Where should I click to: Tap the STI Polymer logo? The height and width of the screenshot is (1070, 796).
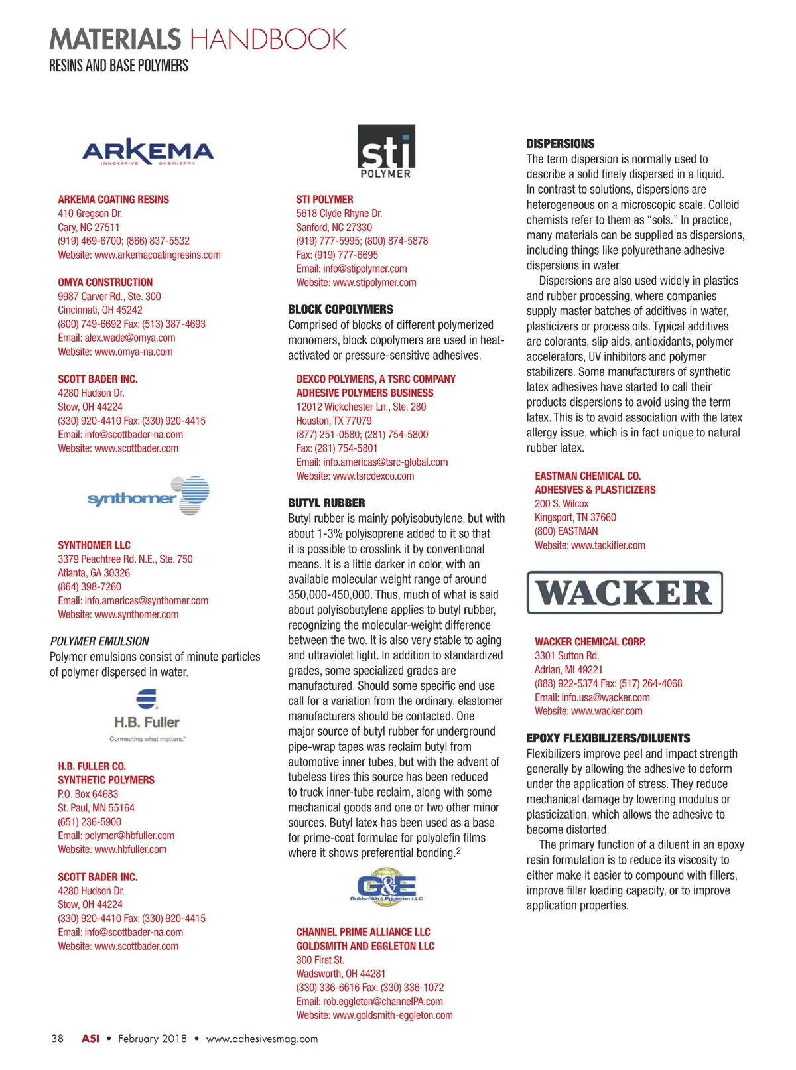pyautogui.click(x=386, y=151)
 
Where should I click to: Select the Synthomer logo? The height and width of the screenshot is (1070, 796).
pyautogui.click(x=149, y=496)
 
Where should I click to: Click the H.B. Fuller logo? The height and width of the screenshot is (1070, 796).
pyautogui.click(x=147, y=715)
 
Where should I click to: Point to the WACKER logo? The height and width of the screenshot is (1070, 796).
pyautogui.click(x=624, y=592)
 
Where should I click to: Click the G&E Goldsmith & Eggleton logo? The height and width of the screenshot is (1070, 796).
pyautogui.click(x=386, y=886)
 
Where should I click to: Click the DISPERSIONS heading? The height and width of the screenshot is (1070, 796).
pyautogui.click(x=561, y=143)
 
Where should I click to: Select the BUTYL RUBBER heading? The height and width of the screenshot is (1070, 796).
pyautogui.click(x=326, y=503)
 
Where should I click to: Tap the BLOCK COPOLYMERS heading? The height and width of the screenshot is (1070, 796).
pyautogui.click(x=340, y=309)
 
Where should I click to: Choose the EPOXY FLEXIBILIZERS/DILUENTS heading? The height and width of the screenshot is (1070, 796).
pyautogui.click(x=608, y=738)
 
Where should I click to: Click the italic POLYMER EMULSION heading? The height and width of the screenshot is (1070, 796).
pyautogui.click(x=99, y=641)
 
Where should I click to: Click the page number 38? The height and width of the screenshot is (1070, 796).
pyautogui.click(x=58, y=1038)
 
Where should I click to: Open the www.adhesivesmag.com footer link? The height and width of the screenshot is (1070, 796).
pyautogui.click(x=262, y=1039)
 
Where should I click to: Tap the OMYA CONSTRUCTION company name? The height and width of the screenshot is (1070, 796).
pyautogui.click(x=105, y=282)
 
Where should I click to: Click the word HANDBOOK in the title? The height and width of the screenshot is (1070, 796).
pyautogui.click(x=268, y=39)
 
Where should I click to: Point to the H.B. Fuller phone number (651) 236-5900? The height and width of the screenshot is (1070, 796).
pyautogui.click(x=90, y=821)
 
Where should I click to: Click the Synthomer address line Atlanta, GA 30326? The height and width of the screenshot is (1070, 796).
pyautogui.click(x=94, y=572)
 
